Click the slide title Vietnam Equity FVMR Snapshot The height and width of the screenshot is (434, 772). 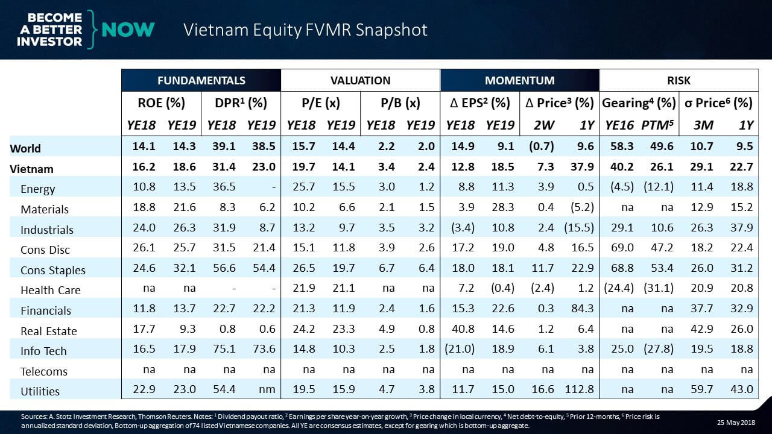pos(305,30)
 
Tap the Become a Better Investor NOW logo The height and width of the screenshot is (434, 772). pos(81,29)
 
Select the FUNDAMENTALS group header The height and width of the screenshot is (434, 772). pos(201,80)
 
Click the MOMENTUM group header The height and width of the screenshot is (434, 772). pos(519,80)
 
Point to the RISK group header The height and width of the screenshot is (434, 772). pos(679,80)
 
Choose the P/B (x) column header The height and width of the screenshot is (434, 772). pos(400,103)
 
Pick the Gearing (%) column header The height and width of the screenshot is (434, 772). pos(639,103)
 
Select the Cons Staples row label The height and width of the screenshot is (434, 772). pos(53,270)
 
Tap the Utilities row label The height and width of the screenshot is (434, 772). pos(40,391)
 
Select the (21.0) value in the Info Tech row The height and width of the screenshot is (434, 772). pos(460,350)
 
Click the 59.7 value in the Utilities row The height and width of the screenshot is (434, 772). pos(700,391)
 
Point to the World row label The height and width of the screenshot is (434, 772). pos(25,148)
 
